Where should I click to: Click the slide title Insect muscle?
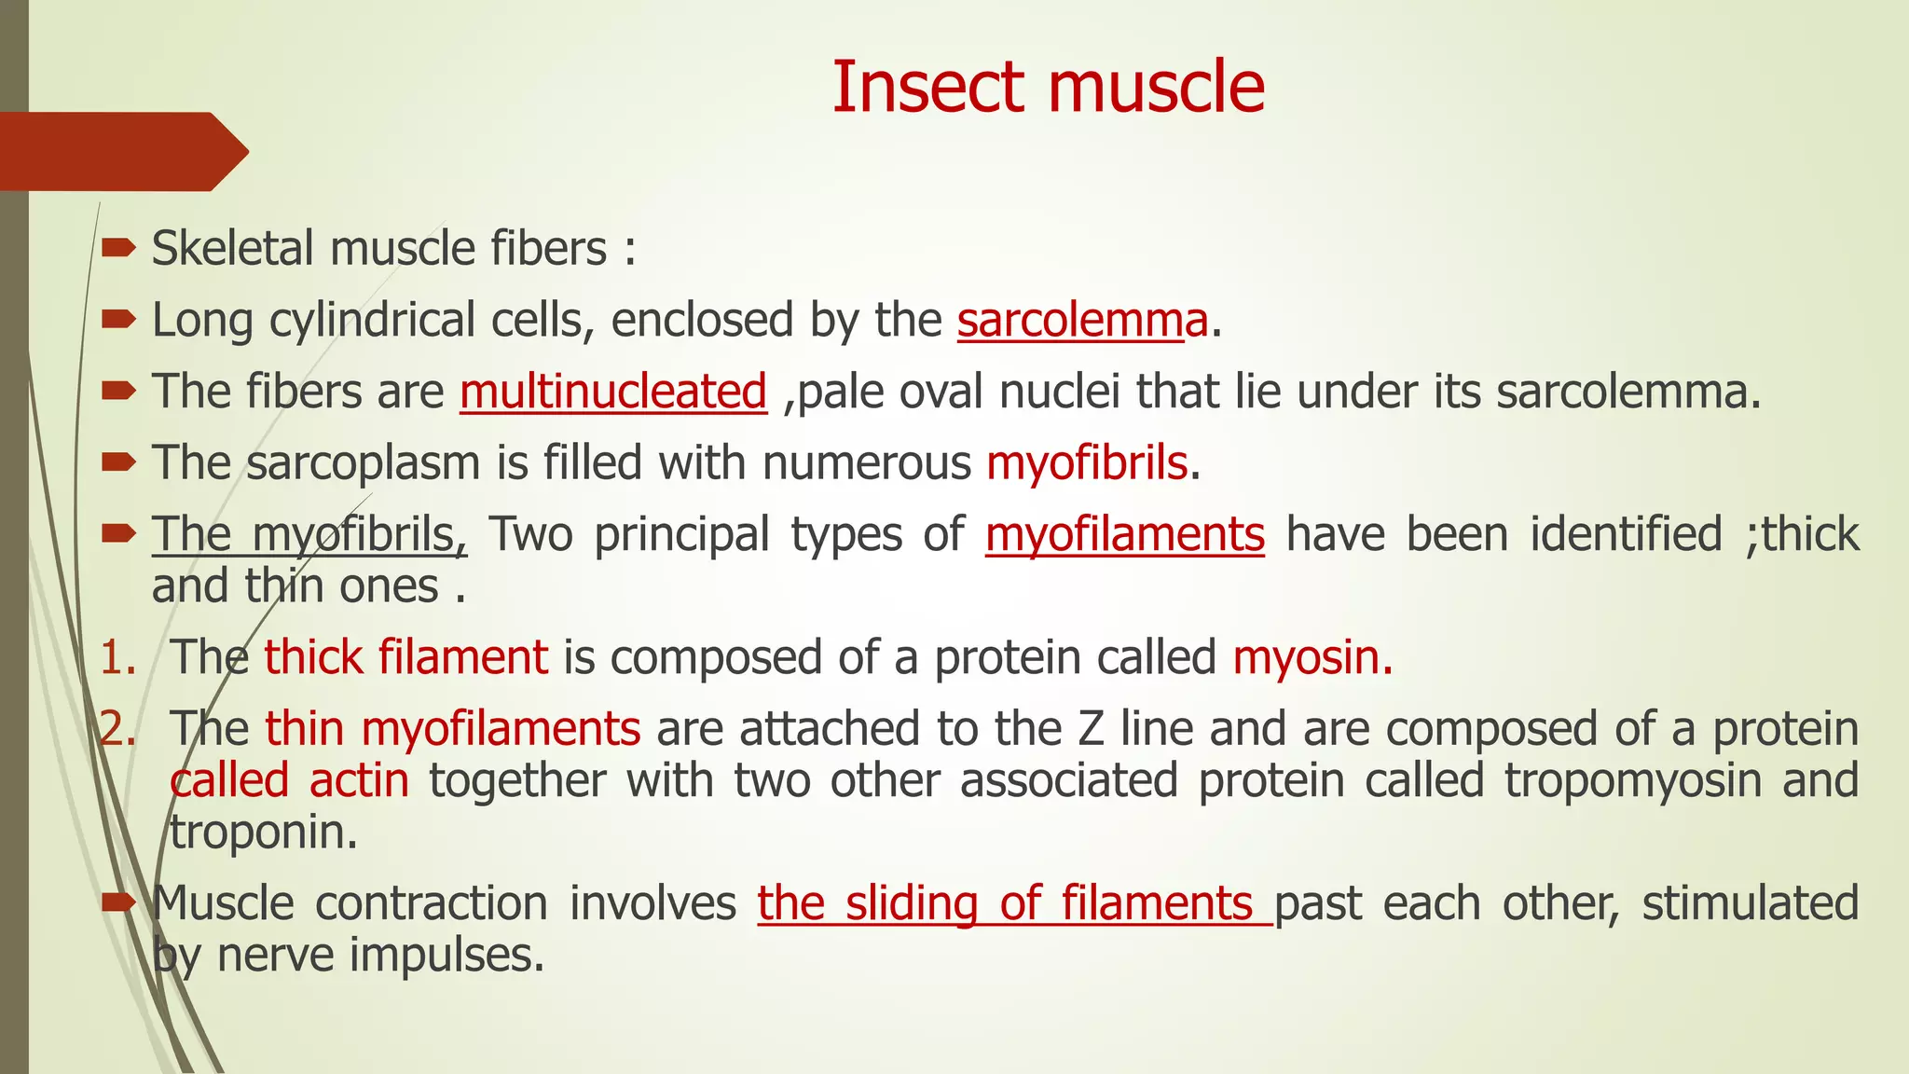pos(1048,87)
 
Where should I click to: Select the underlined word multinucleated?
pos(612,392)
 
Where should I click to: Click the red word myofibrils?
pos(1087,463)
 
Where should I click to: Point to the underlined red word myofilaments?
pos(1124,535)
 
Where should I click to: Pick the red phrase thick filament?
pos(405,657)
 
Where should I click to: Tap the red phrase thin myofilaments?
pos(452,729)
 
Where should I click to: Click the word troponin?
pos(262,833)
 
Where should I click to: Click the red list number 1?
pos(117,658)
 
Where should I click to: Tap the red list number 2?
pos(117,729)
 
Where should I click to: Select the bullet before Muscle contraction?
pos(118,902)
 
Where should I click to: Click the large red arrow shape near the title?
pos(121,152)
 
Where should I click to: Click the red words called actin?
pos(290,780)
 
